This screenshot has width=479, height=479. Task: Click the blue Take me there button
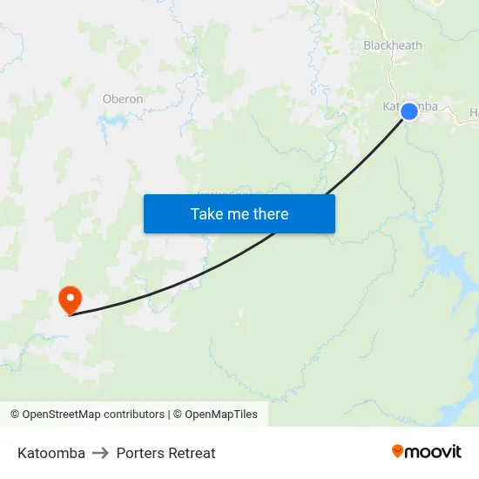(239, 213)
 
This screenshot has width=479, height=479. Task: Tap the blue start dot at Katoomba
(408, 111)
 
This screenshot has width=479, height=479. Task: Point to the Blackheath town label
(393, 45)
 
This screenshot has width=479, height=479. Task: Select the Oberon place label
(123, 98)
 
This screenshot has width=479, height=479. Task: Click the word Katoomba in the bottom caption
(51, 453)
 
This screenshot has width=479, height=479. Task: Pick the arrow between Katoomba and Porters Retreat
(101, 453)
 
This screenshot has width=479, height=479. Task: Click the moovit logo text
(433, 451)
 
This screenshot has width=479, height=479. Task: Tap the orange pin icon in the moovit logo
(398, 451)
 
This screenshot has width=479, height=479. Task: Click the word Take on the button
(206, 213)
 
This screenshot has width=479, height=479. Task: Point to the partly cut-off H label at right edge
(475, 112)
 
